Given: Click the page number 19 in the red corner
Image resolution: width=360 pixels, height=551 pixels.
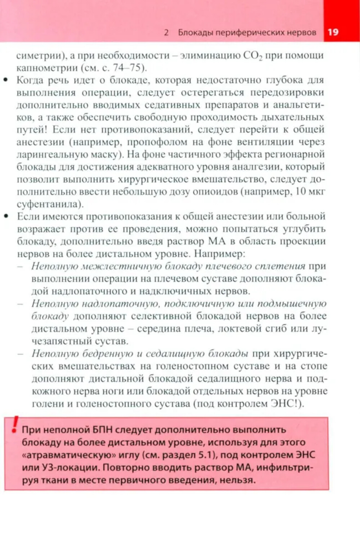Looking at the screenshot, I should [x=333, y=32].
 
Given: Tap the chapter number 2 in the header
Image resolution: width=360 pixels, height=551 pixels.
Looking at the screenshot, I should [x=166, y=32].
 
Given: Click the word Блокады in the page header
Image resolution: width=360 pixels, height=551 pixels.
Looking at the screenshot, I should [x=195, y=32].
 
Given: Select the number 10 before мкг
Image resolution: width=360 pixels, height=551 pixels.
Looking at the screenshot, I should [x=300, y=191].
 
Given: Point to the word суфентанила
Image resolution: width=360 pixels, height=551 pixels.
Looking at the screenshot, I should [x=49, y=204].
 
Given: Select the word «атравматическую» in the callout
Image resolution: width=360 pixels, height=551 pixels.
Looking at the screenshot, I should [x=69, y=455].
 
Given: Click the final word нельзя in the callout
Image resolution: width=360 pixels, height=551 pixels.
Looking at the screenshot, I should [x=238, y=480].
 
